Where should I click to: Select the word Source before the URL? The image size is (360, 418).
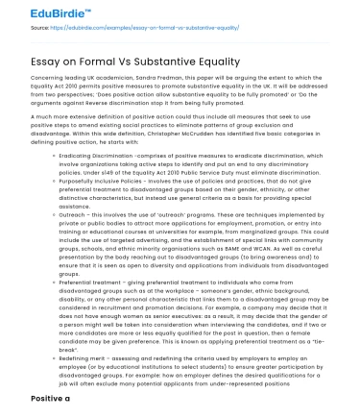click(x=14, y=31)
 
